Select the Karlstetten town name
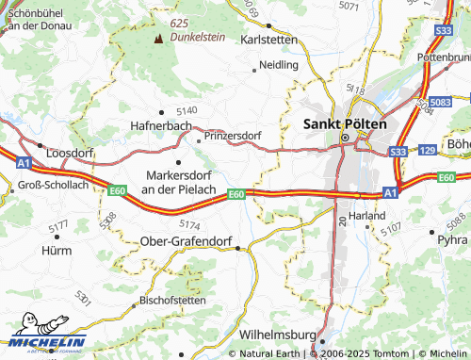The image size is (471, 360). point(269,41)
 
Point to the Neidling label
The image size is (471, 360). point(279,65)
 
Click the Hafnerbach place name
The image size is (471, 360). point(161,125)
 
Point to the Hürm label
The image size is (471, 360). point(57,251)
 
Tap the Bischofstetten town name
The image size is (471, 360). point(171,300)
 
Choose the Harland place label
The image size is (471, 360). point(366,216)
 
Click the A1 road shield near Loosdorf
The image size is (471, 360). point(20,162)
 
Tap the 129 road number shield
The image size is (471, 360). point(427,151)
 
